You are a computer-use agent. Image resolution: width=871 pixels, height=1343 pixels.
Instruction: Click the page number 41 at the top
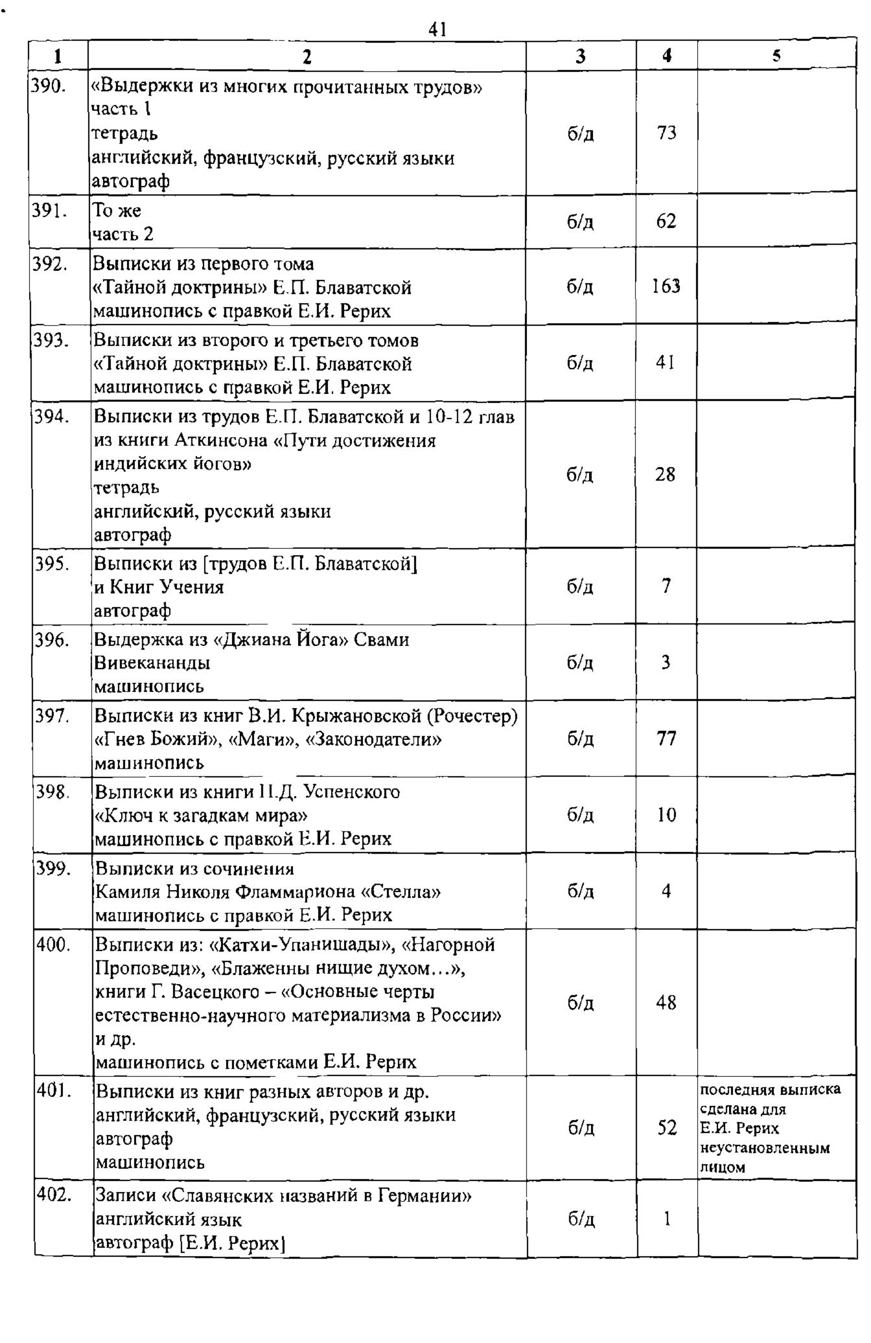tap(437, 29)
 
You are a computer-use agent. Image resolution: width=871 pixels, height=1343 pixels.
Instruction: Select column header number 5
tap(776, 56)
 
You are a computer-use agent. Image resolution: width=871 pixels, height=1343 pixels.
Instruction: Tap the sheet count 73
tap(666, 133)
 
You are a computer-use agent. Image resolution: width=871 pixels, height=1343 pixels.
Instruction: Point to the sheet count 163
tap(666, 286)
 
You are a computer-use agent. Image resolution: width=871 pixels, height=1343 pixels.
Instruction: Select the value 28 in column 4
tap(665, 475)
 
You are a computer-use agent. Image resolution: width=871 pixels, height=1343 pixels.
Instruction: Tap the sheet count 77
tap(666, 739)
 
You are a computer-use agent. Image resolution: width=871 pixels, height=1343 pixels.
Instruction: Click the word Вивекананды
tap(152, 663)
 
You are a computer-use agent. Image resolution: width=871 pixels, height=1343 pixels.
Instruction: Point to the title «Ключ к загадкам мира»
tap(201, 815)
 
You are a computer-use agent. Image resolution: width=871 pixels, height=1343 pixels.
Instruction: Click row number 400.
tap(52, 945)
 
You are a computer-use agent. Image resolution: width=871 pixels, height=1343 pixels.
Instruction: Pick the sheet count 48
tap(666, 1004)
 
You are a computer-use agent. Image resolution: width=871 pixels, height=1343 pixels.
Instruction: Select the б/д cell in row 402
tap(581, 1219)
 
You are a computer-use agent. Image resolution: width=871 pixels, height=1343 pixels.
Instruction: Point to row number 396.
tap(51, 639)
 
